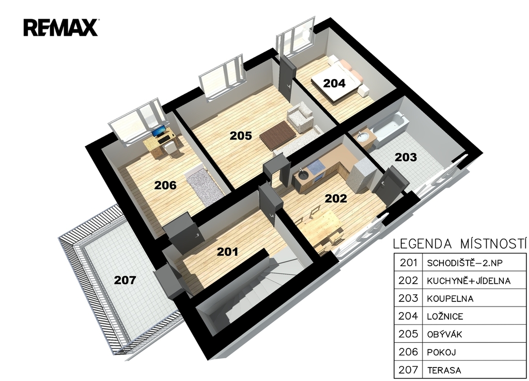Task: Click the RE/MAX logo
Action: (x=61, y=28)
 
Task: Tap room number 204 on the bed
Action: (x=334, y=83)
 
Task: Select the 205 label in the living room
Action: (x=241, y=135)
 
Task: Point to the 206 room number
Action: (x=165, y=185)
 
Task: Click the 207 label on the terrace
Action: (x=125, y=280)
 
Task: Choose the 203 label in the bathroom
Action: (x=406, y=157)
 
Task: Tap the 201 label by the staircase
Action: (x=227, y=252)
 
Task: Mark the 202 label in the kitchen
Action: (x=336, y=199)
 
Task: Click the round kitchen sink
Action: (x=302, y=175)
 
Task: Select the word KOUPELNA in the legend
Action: (x=450, y=299)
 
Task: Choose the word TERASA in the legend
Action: (x=444, y=370)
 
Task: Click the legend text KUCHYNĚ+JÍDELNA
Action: (x=469, y=281)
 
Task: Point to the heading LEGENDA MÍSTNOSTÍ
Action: (x=460, y=243)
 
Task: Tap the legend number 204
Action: (x=408, y=316)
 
